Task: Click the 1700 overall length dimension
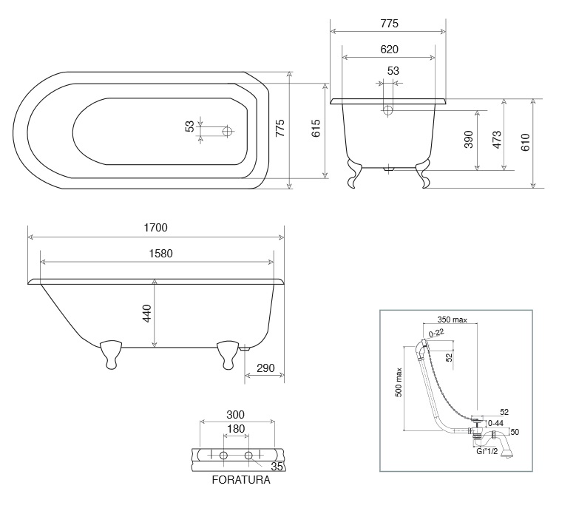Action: tap(155, 228)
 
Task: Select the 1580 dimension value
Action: tap(160, 254)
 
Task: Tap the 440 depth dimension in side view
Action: tap(146, 314)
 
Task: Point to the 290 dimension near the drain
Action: tap(265, 368)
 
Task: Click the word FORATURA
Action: tap(241, 480)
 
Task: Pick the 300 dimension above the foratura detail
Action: tap(235, 415)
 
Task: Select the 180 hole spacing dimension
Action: tap(236, 429)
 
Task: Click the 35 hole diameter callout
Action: tap(277, 467)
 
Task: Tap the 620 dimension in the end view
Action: tap(389, 50)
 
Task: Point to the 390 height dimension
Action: tap(469, 140)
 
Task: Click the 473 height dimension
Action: tap(497, 140)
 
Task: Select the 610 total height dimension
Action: tap(525, 142)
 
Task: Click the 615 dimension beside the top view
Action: tap(316, 128)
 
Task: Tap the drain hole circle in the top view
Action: tap(228, 131)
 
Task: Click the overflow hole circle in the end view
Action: tap(388, 110)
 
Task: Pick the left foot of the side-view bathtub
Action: tap(111, 354)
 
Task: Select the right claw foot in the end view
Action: tap(422, 174)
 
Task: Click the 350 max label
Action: tap(453, 319)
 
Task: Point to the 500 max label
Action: tap(399, 382)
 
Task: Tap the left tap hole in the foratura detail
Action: tap(223, 456)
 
